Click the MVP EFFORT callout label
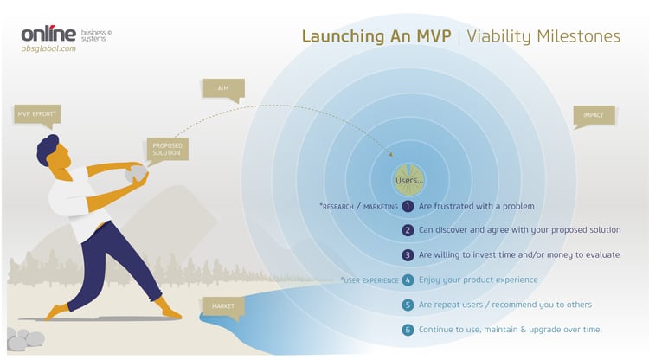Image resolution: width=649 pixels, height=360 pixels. click(37, 114)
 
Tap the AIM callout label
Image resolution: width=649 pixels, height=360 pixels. click(223, 88)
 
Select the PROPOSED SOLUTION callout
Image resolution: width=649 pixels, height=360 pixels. click(167, 149)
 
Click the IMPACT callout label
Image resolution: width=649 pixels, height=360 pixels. click(594, 115)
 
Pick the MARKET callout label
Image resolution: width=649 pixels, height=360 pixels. click(223, 306)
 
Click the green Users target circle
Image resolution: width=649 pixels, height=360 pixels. click(409, 180)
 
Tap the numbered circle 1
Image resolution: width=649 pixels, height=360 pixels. click(408, 206)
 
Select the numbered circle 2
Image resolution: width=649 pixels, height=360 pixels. click(408, 230)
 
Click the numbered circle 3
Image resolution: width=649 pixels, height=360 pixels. click(408, 255)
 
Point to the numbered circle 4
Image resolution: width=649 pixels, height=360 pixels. click(408, 280)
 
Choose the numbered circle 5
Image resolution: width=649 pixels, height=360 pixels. click(408, 305)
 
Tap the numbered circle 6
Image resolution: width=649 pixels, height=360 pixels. click(408, 330)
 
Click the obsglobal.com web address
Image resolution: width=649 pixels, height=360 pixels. click(48, 48)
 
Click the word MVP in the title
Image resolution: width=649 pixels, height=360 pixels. click(434, 36)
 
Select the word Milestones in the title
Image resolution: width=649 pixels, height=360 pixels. click(578, 36)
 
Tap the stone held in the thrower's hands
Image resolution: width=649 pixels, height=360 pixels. click(136, 174)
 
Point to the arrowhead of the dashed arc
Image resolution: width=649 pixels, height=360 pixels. click(390, 154)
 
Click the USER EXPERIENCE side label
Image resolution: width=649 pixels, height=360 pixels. click(369, 280)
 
